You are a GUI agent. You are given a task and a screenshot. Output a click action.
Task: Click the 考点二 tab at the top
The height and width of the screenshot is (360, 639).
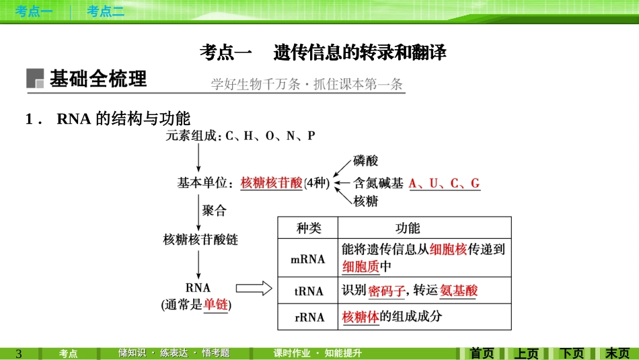pos(106,11)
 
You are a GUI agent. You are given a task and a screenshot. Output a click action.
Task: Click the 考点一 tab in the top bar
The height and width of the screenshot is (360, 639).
pos(34,11)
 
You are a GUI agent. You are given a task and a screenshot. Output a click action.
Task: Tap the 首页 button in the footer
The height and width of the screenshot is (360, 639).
pos(482,353)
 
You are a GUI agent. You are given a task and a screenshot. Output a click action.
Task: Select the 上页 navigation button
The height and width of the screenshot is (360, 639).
pos(527,353)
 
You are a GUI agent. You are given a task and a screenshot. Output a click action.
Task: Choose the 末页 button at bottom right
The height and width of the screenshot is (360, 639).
pos(617,353)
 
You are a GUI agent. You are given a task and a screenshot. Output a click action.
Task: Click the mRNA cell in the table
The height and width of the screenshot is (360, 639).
pos(307,259)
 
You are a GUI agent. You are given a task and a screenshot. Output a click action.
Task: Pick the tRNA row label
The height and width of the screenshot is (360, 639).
pos(309,291)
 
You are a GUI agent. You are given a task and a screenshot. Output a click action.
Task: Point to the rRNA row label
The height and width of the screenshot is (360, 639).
pos(309,317)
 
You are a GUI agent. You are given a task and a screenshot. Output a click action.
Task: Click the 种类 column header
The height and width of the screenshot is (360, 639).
pos(309,228)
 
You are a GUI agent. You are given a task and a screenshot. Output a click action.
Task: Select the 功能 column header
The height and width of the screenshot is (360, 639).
pos(408,228)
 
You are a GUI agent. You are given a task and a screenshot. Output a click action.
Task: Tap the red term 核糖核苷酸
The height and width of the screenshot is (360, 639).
pos(272,182)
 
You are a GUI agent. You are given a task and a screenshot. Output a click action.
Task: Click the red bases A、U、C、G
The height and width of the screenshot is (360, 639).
pos(445,184)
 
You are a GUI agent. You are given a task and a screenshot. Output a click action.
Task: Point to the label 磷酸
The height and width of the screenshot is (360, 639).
pos(365,161)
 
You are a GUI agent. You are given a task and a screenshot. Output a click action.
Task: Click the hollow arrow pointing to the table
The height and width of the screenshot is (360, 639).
pos(254,288)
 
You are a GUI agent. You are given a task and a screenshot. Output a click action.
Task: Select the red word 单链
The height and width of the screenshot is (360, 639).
pos(216,304)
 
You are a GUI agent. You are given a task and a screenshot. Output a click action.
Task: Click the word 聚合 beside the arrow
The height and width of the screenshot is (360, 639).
pos(214,211)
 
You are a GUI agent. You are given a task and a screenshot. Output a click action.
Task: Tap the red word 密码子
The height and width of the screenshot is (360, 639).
pos(387,291)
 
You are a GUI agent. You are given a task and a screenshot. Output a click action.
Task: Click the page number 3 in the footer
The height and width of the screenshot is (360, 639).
pos(19,353)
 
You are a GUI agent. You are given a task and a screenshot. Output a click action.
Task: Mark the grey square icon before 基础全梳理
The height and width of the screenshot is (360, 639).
pos(35,78)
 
